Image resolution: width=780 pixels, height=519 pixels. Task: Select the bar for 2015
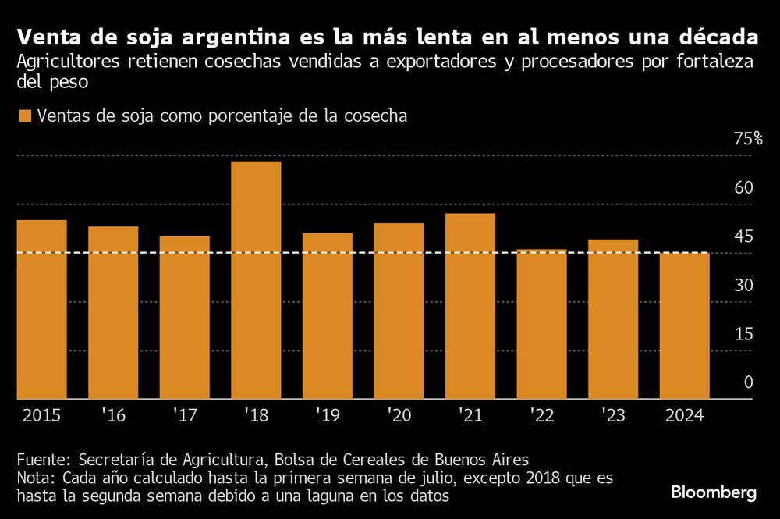[42, 309]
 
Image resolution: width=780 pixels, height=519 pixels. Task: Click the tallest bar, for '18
[256, 280]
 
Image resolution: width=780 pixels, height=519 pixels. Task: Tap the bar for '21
[470, 306]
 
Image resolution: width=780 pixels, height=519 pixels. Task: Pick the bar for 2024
[684, 325]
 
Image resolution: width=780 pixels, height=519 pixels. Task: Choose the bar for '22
[541, 324]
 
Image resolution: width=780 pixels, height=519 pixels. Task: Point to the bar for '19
[328, 316]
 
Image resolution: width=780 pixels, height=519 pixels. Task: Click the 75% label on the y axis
[748, 139]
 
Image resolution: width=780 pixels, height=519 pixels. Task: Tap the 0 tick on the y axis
[748, 382]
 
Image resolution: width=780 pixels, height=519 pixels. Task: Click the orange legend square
[24, 116]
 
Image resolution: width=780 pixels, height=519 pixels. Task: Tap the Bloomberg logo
[714, 492]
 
